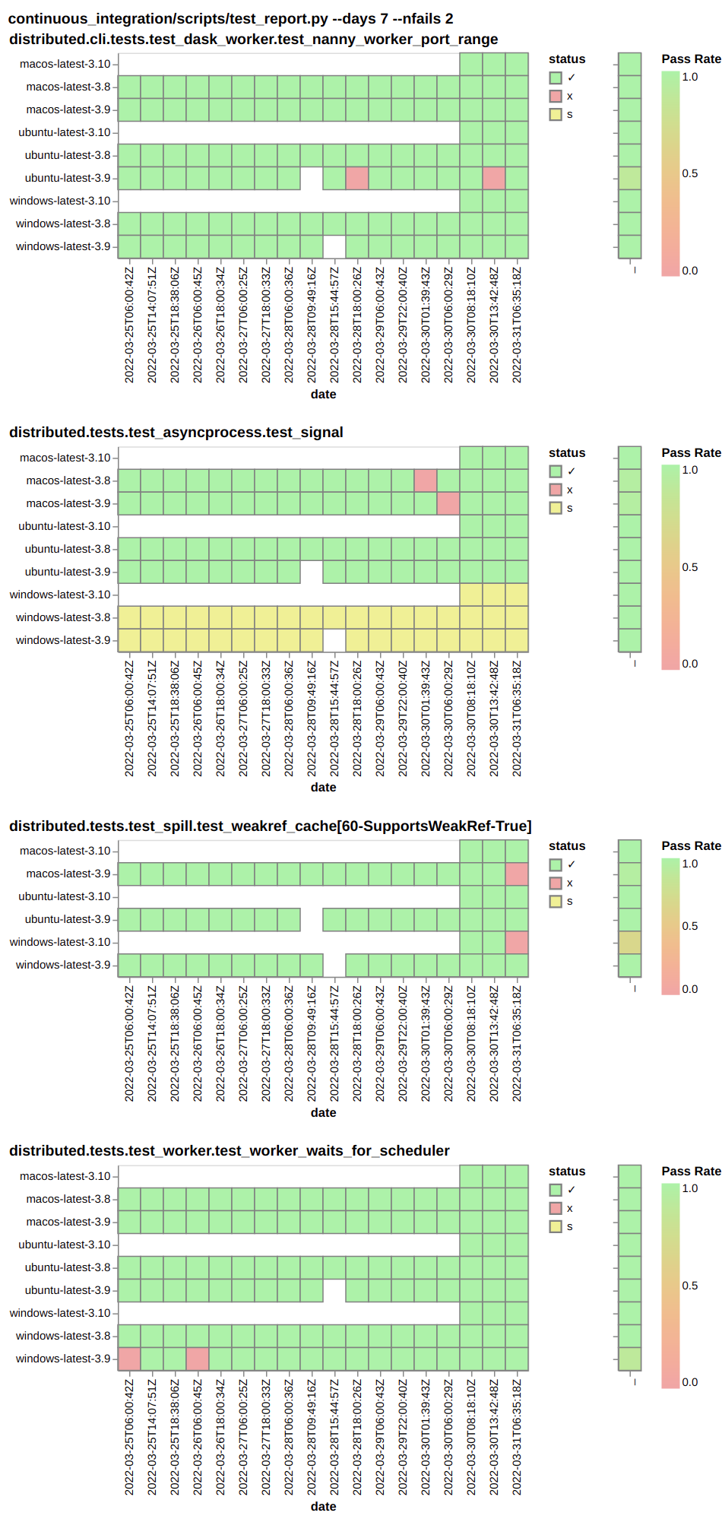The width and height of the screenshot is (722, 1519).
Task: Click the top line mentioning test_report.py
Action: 230,18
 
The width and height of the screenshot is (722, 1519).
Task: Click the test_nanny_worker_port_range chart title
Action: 253,39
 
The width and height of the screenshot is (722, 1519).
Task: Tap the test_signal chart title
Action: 176,432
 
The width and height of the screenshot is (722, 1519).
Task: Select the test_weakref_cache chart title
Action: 270,826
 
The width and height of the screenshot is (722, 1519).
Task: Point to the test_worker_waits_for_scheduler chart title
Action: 229,1150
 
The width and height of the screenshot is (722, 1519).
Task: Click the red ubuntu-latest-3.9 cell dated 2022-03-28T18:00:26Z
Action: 357,178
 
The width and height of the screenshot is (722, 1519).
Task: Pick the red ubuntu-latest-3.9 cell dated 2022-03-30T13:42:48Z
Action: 494,178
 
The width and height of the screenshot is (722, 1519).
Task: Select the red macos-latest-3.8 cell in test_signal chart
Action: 426,480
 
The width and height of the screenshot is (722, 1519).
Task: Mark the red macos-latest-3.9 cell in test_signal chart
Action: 448,503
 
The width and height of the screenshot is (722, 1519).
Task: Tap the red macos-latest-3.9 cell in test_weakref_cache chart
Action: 517,874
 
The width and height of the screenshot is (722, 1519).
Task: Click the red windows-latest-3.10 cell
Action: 517,942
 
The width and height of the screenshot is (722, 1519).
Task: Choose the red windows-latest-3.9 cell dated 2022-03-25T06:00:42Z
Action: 129,1359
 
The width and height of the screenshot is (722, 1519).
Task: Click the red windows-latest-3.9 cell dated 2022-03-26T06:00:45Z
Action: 198,1359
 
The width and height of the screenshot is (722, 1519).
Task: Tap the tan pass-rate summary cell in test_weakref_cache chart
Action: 629,942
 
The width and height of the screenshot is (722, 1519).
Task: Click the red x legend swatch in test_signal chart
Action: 556,490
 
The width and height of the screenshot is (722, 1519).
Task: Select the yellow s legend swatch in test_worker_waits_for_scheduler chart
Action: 556,1226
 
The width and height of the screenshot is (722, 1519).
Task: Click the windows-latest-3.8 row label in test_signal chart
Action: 63,617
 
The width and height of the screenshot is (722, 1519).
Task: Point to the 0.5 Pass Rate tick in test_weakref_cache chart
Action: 689,926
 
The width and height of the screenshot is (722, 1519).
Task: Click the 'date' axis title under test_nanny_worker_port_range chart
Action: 323,394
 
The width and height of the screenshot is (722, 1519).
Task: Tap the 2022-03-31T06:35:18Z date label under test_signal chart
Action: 517,718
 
